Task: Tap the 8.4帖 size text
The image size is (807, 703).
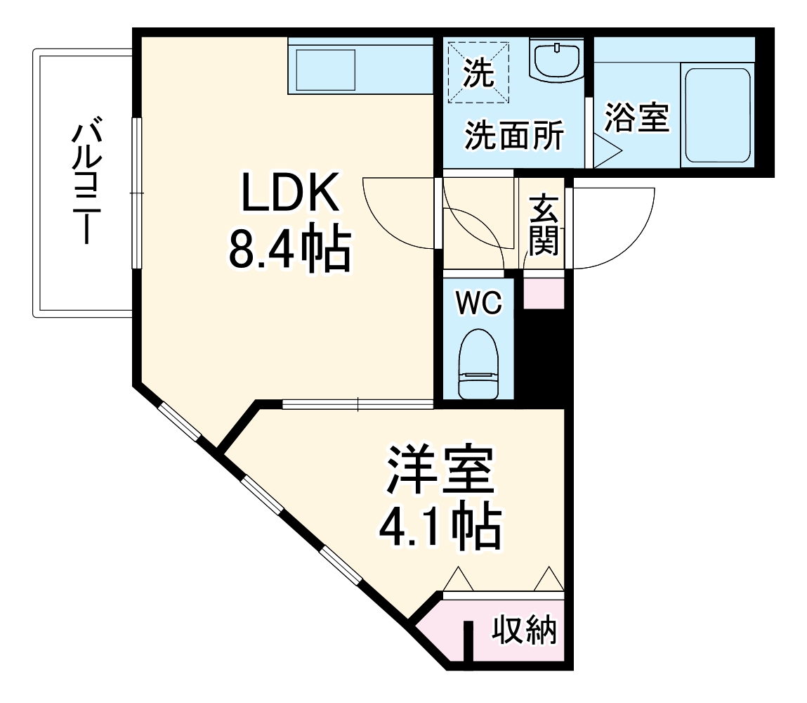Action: (x=289, y=251)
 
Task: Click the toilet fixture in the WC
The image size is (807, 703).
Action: (x=478, y=364)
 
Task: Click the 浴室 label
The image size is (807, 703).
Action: (x=637, y=117)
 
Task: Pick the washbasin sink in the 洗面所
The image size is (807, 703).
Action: (x=556, y=60)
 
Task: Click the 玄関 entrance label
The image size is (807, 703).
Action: (x=544, y=225)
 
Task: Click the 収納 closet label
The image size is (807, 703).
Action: (x=523, y=631)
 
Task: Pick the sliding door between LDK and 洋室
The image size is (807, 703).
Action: (x=357, y=404)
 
